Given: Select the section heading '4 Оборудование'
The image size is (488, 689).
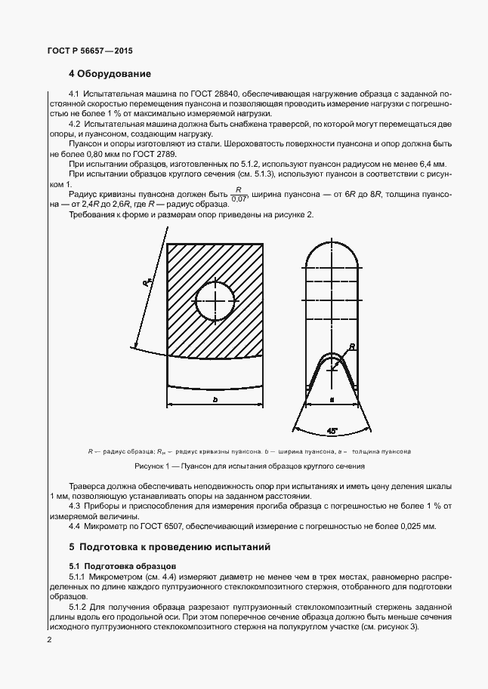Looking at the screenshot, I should pos(110,74).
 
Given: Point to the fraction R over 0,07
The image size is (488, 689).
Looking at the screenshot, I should pos(239,195).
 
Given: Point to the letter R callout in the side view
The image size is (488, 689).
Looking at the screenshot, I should pos(351,347).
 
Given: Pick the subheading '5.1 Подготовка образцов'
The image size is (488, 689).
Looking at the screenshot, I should pos(122,564).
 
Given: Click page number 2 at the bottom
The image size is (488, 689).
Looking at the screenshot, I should pos(49,640).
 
